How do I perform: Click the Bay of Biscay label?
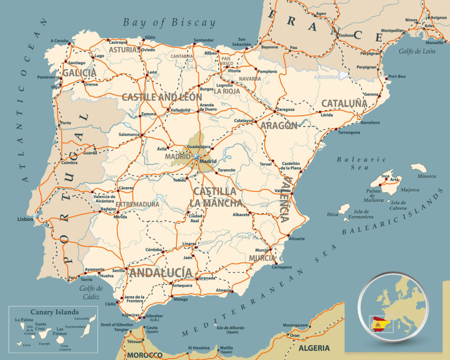tap(169, 23)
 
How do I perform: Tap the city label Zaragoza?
tap(286, 110)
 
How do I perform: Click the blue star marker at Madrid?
tap(196, 156)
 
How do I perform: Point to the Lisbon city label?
tap(25, 219)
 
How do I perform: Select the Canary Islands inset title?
tap(54, 312)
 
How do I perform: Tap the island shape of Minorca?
tap(419, 167)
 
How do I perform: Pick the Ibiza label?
tap(333, 215)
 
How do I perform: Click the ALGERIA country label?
tap(314, 348)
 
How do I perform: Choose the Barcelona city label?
tap(370, 123)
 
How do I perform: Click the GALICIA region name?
tap(79, 73)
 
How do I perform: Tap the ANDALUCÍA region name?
tap(160, 273)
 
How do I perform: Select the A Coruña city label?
tap(60, 41)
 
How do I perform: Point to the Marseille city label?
tap(435, 43)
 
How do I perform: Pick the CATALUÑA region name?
tap(344, 103)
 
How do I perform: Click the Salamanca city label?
tap(129, 135)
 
